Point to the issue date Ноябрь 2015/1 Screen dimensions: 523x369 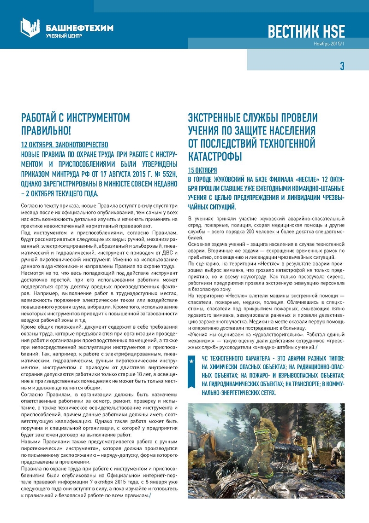328,44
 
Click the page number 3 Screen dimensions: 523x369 342,66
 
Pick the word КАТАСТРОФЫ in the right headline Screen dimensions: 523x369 215,157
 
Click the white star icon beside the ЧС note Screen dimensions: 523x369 192,362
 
